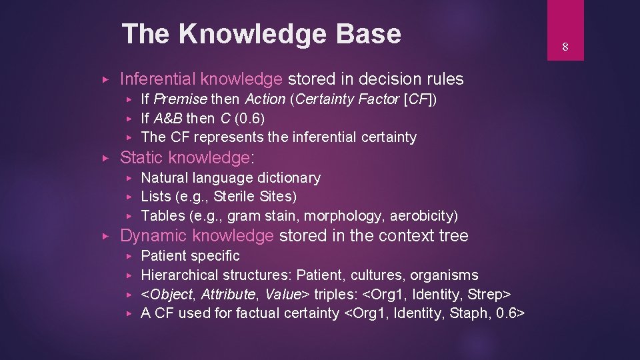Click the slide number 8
[564, 47]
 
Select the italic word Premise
[181, 99]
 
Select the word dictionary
[289, 178]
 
